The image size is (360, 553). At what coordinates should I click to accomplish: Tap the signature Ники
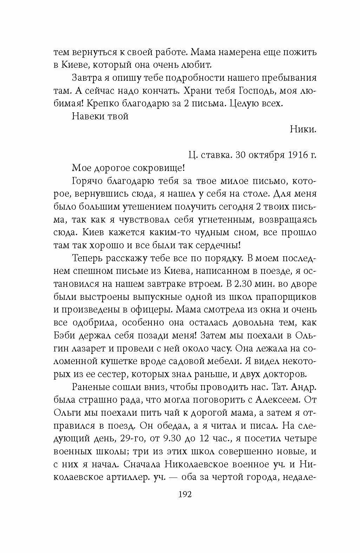(x=303, y=130)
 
